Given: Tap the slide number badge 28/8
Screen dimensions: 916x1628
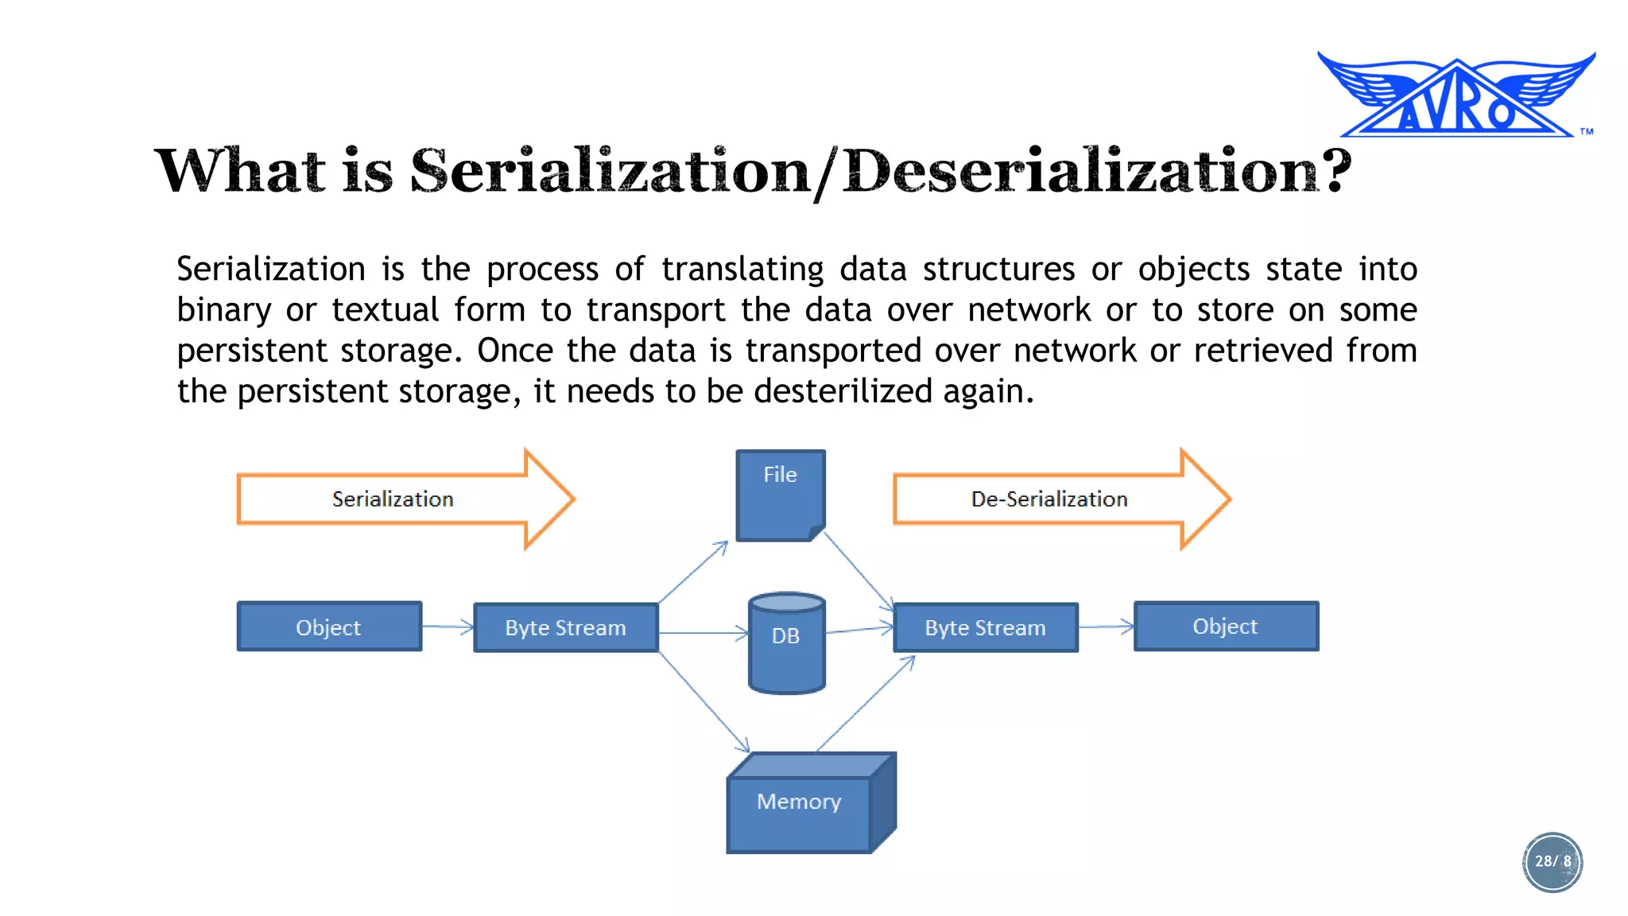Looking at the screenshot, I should pos(1552,862).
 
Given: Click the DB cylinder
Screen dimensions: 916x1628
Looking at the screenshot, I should pos(787,642).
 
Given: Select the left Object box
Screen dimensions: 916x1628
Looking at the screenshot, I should pos(329,627).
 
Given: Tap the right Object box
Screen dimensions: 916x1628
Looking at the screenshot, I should pos(1226,627).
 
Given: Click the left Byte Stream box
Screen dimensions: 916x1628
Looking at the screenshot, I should pos(566,628).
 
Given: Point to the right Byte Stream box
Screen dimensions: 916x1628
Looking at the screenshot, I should pos(986,628).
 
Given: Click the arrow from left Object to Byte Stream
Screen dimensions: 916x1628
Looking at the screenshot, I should pos(448,627).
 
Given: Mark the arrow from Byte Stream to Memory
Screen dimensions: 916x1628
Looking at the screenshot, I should pos(704,702).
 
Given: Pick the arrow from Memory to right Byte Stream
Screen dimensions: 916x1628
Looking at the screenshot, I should pos(866,704).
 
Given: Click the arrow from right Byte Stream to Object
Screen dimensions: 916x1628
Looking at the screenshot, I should pos(1106,627).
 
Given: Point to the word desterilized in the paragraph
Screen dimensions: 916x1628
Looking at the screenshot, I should pos(843,391).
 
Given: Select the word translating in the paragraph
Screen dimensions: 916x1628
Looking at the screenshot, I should pos(742,269).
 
